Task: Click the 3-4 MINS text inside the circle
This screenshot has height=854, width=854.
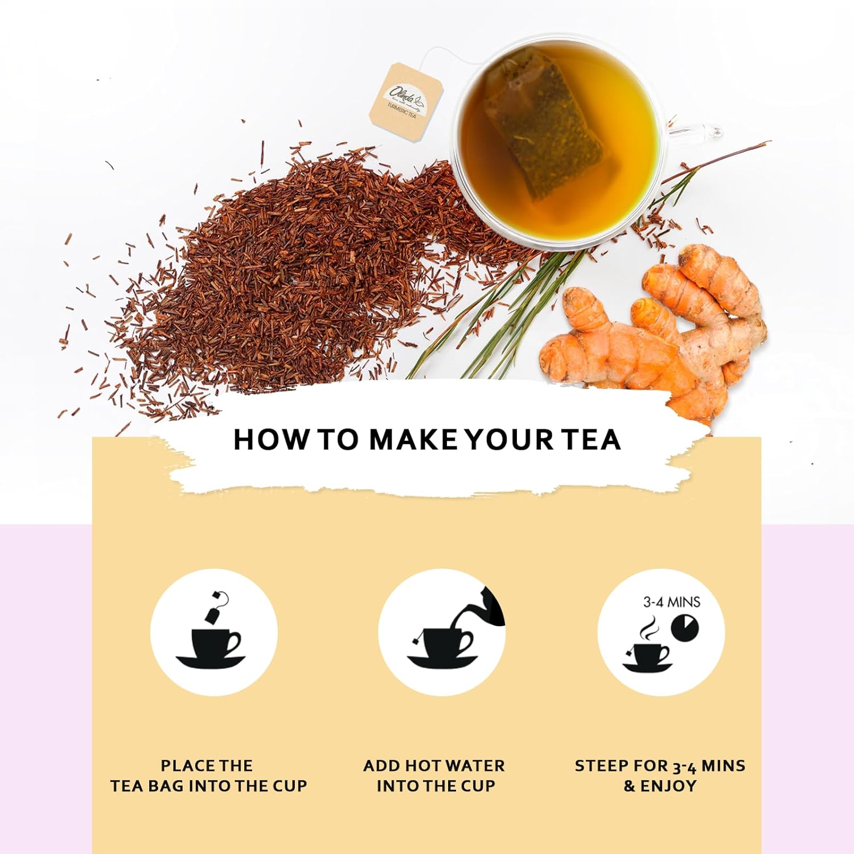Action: coord(672,602)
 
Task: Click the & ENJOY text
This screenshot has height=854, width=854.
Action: coord(660,786)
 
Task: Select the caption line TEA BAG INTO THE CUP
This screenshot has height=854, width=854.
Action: coord(208,786)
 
